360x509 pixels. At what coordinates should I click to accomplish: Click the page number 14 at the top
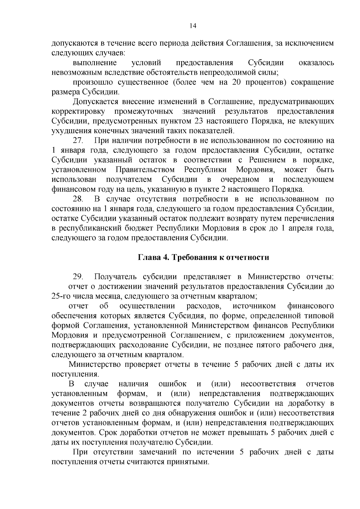point(193,26)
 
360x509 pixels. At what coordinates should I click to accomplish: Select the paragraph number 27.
point(79,140)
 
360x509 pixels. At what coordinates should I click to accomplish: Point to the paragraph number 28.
point(79,199)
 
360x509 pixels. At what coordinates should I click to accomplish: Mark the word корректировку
point(78,112)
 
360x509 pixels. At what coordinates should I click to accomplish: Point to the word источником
point(254,306)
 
